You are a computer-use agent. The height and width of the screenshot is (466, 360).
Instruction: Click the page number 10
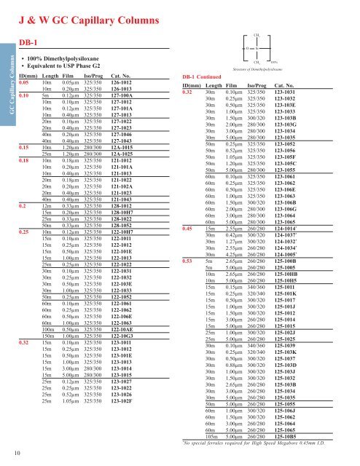click(7, 456)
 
